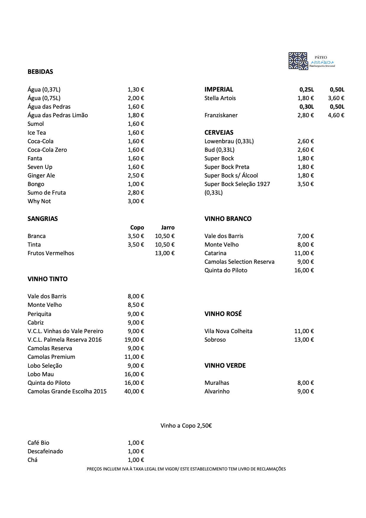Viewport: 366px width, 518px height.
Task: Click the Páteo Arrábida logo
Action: (311, 61)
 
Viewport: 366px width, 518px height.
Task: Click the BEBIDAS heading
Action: (40, 72)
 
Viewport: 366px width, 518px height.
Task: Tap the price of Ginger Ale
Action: (136, 175)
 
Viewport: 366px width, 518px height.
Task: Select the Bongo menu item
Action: (36, 184)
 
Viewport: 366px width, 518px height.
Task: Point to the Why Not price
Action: (136, 201)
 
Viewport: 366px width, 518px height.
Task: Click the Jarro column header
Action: (168, 227)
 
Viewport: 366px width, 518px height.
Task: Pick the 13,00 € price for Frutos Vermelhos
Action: (165, 253)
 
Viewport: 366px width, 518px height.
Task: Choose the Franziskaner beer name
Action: (221, 115)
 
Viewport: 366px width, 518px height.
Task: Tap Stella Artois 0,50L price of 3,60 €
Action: (336, 98)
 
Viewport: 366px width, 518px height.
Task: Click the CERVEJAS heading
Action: (219, 133)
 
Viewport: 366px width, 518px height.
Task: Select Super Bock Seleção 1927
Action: (237, 184)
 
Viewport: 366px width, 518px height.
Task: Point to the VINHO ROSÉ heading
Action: (223, 314)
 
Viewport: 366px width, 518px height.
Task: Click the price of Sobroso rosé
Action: (304, 340)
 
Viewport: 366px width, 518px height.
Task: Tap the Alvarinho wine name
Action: (217, 391)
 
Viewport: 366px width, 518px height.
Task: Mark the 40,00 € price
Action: (134, 391)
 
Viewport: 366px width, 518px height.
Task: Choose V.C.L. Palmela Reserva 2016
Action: (65, 340)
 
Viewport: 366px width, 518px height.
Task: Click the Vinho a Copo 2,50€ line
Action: (186, 426)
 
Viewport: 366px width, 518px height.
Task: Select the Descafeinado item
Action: (45, 451)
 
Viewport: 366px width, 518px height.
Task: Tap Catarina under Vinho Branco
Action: (215, 253)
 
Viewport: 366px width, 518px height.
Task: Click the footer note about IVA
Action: (186, 469)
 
